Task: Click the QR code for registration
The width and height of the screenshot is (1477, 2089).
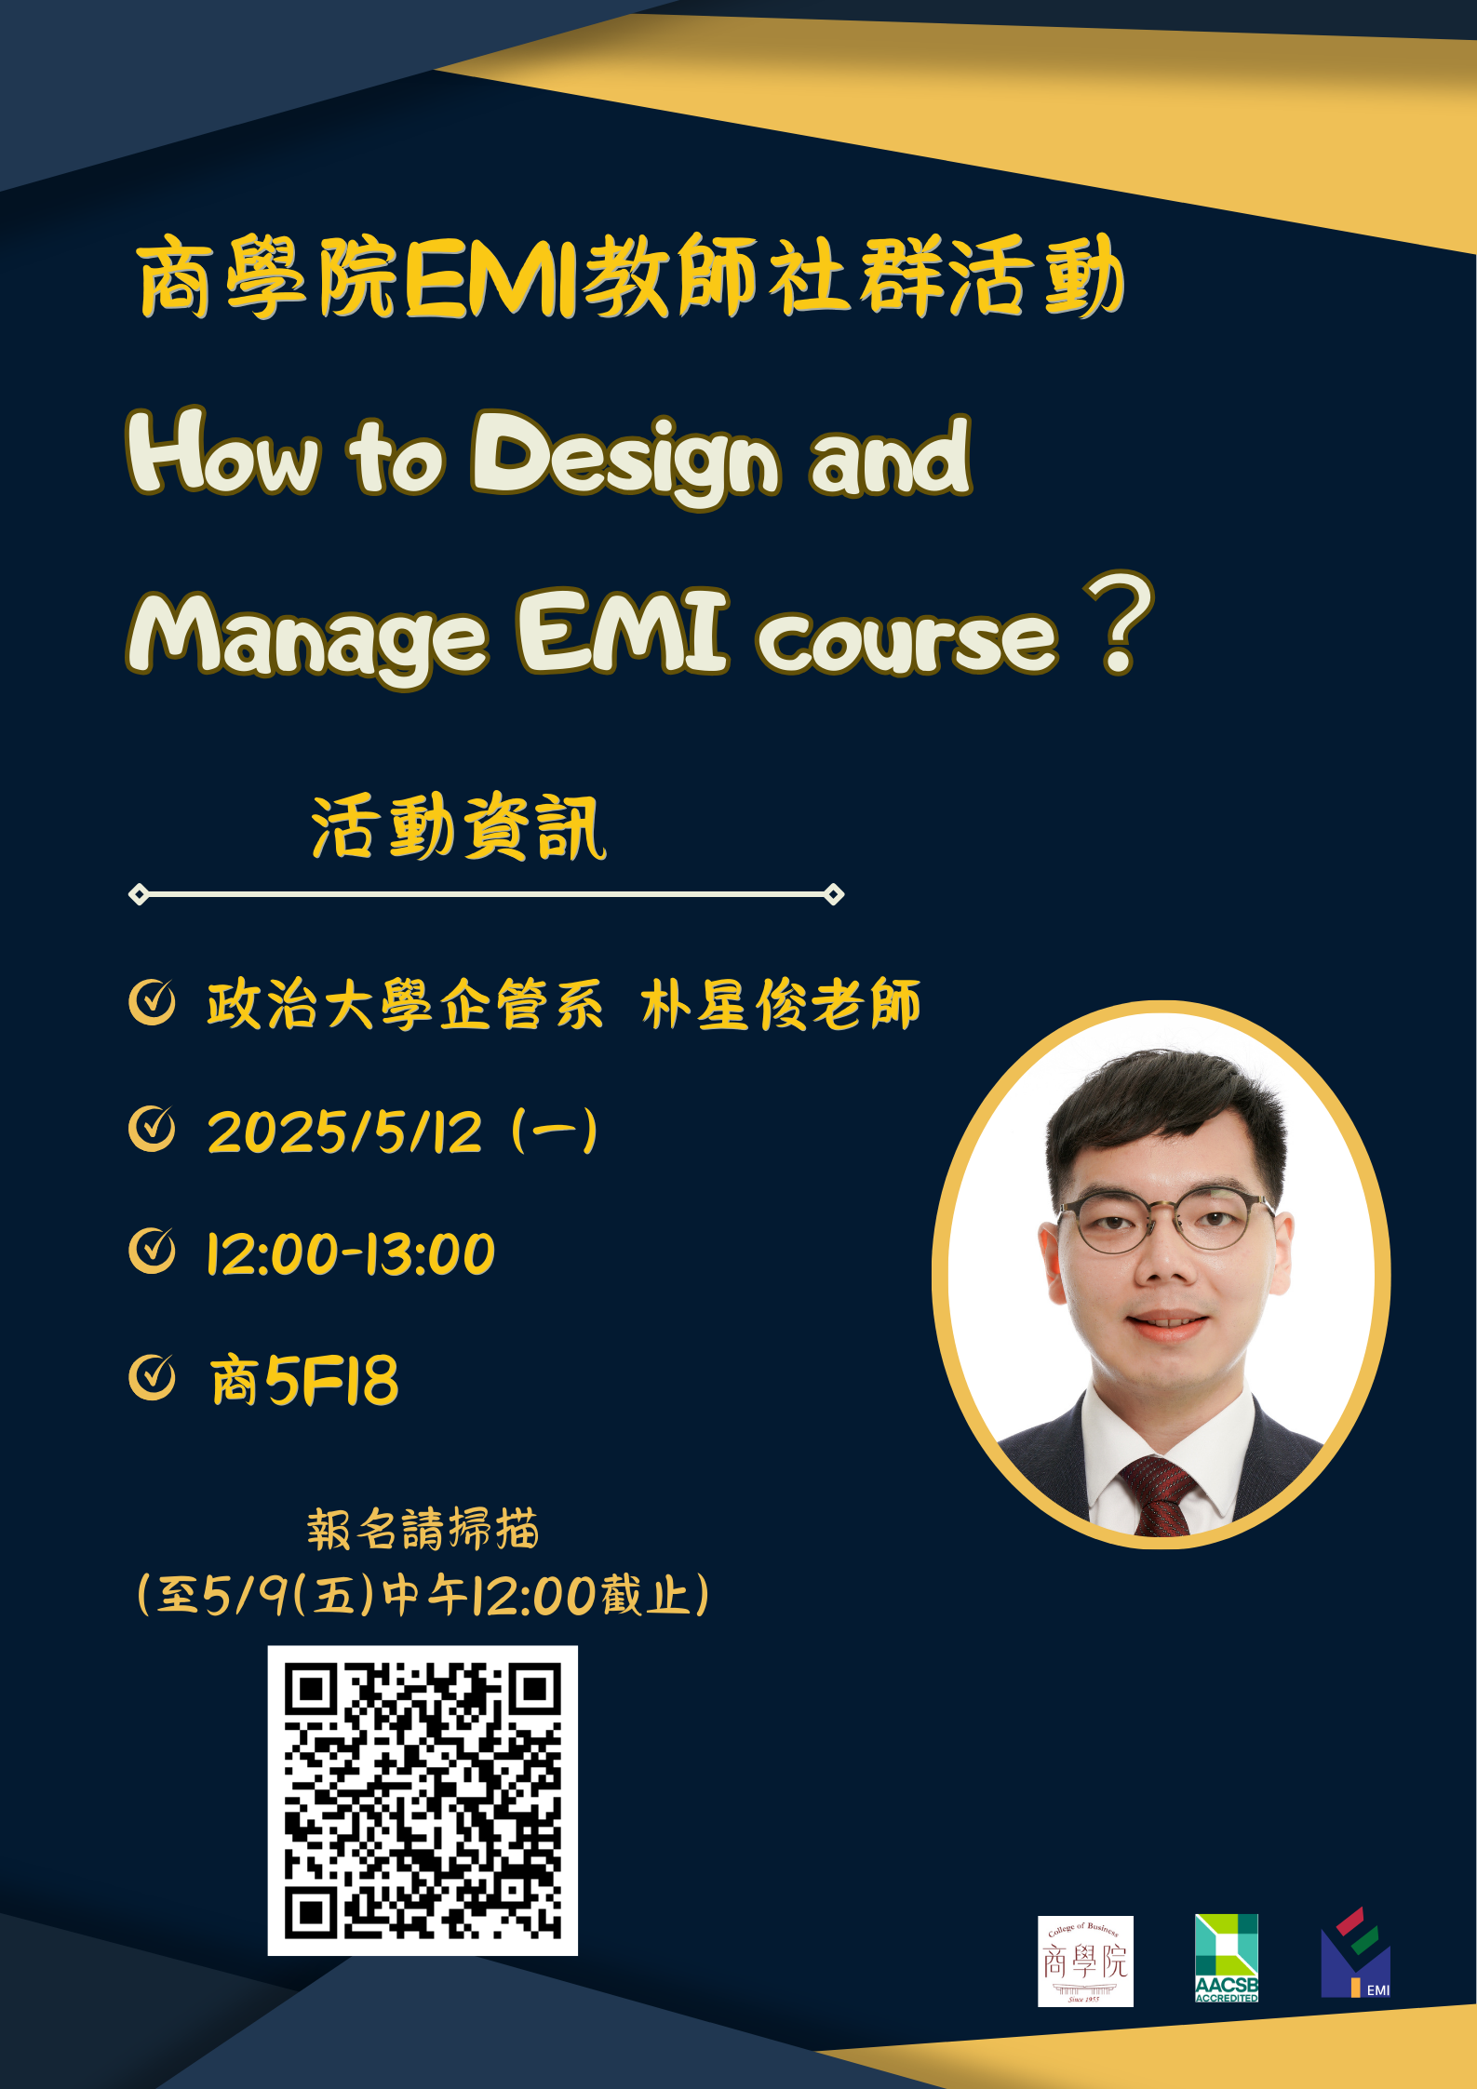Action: pos(423,1800)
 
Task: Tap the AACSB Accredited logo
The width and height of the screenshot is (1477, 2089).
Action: pos(1227,1958)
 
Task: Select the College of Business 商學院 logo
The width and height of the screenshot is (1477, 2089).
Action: pos(1085,1961)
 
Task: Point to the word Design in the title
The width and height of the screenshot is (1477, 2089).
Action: pos(625,457)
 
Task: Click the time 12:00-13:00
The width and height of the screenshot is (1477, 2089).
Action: pos(351,1253)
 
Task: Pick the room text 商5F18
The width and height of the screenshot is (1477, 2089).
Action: pos(304,1380)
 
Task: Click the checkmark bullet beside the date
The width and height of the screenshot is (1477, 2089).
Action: pos(152,1129)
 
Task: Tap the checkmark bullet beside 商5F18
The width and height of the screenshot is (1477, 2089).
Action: pos(152,1377)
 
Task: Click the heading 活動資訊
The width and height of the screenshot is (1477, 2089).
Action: pos(458,827)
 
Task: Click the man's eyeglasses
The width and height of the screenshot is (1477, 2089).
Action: pos(1165,1217)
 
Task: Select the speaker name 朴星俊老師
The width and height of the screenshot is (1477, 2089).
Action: pos(781,1005)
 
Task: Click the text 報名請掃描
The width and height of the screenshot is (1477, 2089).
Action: pos(423,1530)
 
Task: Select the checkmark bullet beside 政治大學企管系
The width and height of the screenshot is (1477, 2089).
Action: pos(152,1002)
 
